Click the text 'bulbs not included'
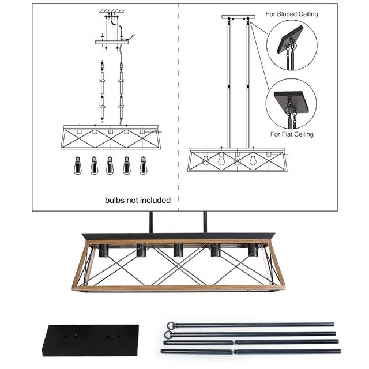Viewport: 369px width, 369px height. (138, 200)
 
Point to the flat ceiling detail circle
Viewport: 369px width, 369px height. (291, 104)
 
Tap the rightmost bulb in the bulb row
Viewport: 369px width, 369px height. (143, 167)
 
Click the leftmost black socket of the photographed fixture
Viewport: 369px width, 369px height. (104, 251)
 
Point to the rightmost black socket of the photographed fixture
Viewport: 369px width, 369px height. (253, 251)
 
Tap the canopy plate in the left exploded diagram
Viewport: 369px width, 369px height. (114, 42)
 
